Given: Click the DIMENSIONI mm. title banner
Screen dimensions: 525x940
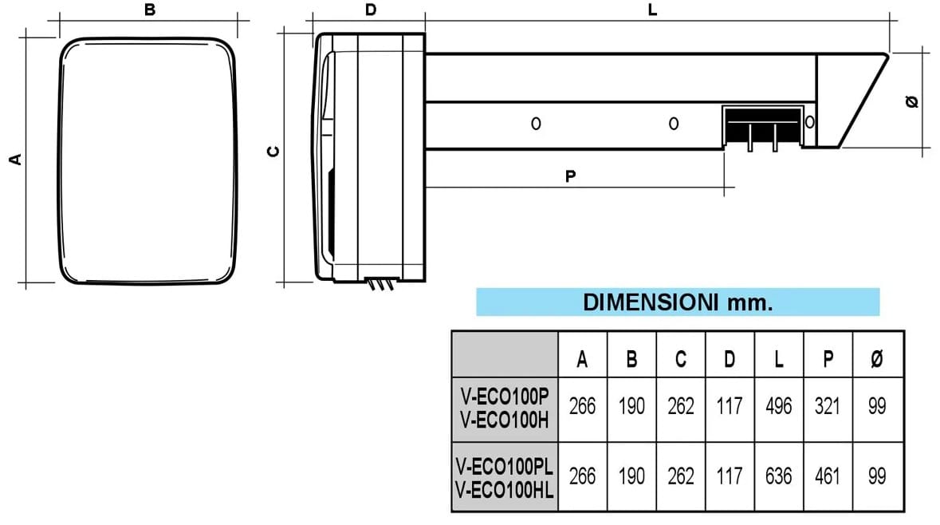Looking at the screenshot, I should click(x=678, y=302).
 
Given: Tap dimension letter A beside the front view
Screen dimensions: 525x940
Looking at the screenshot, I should click(x=15, y=159).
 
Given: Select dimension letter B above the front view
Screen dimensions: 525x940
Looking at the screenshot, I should click(x=150, y=10).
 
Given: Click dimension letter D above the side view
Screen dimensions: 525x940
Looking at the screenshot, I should click(x=370, y=10).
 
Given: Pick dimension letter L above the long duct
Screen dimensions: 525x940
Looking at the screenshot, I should click(x=652, y=10).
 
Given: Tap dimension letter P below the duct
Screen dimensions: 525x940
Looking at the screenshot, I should click(x=570, y=176).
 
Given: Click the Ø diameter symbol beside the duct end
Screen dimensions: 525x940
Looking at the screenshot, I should click(x=913, y=101).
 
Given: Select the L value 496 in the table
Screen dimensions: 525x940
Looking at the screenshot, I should click(x=778, y=406).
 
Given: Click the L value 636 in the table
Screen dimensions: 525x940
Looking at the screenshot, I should click(x=778, y=476).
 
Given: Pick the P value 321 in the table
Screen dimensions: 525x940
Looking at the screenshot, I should click(x=828, y=406).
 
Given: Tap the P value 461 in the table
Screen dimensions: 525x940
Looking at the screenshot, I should click(x=828, y=476).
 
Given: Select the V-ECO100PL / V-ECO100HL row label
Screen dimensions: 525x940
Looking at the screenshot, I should click(x=505, y=477).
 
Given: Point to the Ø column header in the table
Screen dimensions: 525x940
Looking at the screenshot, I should click(x=877, y=360).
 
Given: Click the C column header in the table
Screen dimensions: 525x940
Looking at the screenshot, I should click(x=681, y=360).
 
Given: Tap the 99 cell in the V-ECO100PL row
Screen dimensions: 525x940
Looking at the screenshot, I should click(x=877, y=476).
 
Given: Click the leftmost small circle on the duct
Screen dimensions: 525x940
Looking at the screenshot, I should click(x=536, y=124).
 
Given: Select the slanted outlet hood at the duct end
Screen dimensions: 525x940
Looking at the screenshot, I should click(x=853, y=100).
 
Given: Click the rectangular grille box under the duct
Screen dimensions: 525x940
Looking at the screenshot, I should click(x=762, y=125).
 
